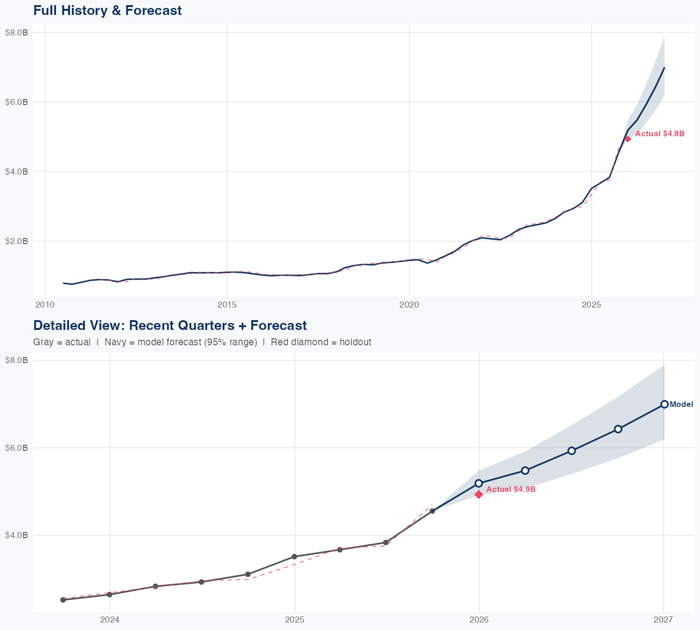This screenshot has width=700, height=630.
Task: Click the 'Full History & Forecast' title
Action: [107, 10]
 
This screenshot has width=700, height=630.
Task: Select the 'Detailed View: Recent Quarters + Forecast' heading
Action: [170, 325]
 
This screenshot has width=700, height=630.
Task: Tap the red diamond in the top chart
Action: [628, 139]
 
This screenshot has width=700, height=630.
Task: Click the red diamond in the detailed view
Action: [479, 494]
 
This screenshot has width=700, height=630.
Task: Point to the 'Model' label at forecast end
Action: [681, 405]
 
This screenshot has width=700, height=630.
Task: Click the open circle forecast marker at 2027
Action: [664, 404]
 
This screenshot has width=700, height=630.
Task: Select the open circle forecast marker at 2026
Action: [479, 483]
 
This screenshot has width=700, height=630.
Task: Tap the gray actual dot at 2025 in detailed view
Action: [294, 556]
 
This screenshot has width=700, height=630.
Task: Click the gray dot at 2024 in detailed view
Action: [110, 594]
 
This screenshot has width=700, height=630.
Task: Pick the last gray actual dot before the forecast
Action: [432, 511]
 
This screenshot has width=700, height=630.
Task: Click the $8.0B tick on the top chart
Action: [16, 32]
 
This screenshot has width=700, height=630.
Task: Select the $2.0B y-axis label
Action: [16, 241]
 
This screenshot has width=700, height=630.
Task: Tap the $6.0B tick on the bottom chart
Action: [16, 448]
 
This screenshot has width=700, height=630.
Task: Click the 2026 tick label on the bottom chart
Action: [479, 620]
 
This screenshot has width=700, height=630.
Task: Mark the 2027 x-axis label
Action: [663, 620]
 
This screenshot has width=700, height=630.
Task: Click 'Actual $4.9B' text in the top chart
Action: [660, 133]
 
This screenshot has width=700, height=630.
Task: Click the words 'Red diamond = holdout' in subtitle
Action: [321, 342]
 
